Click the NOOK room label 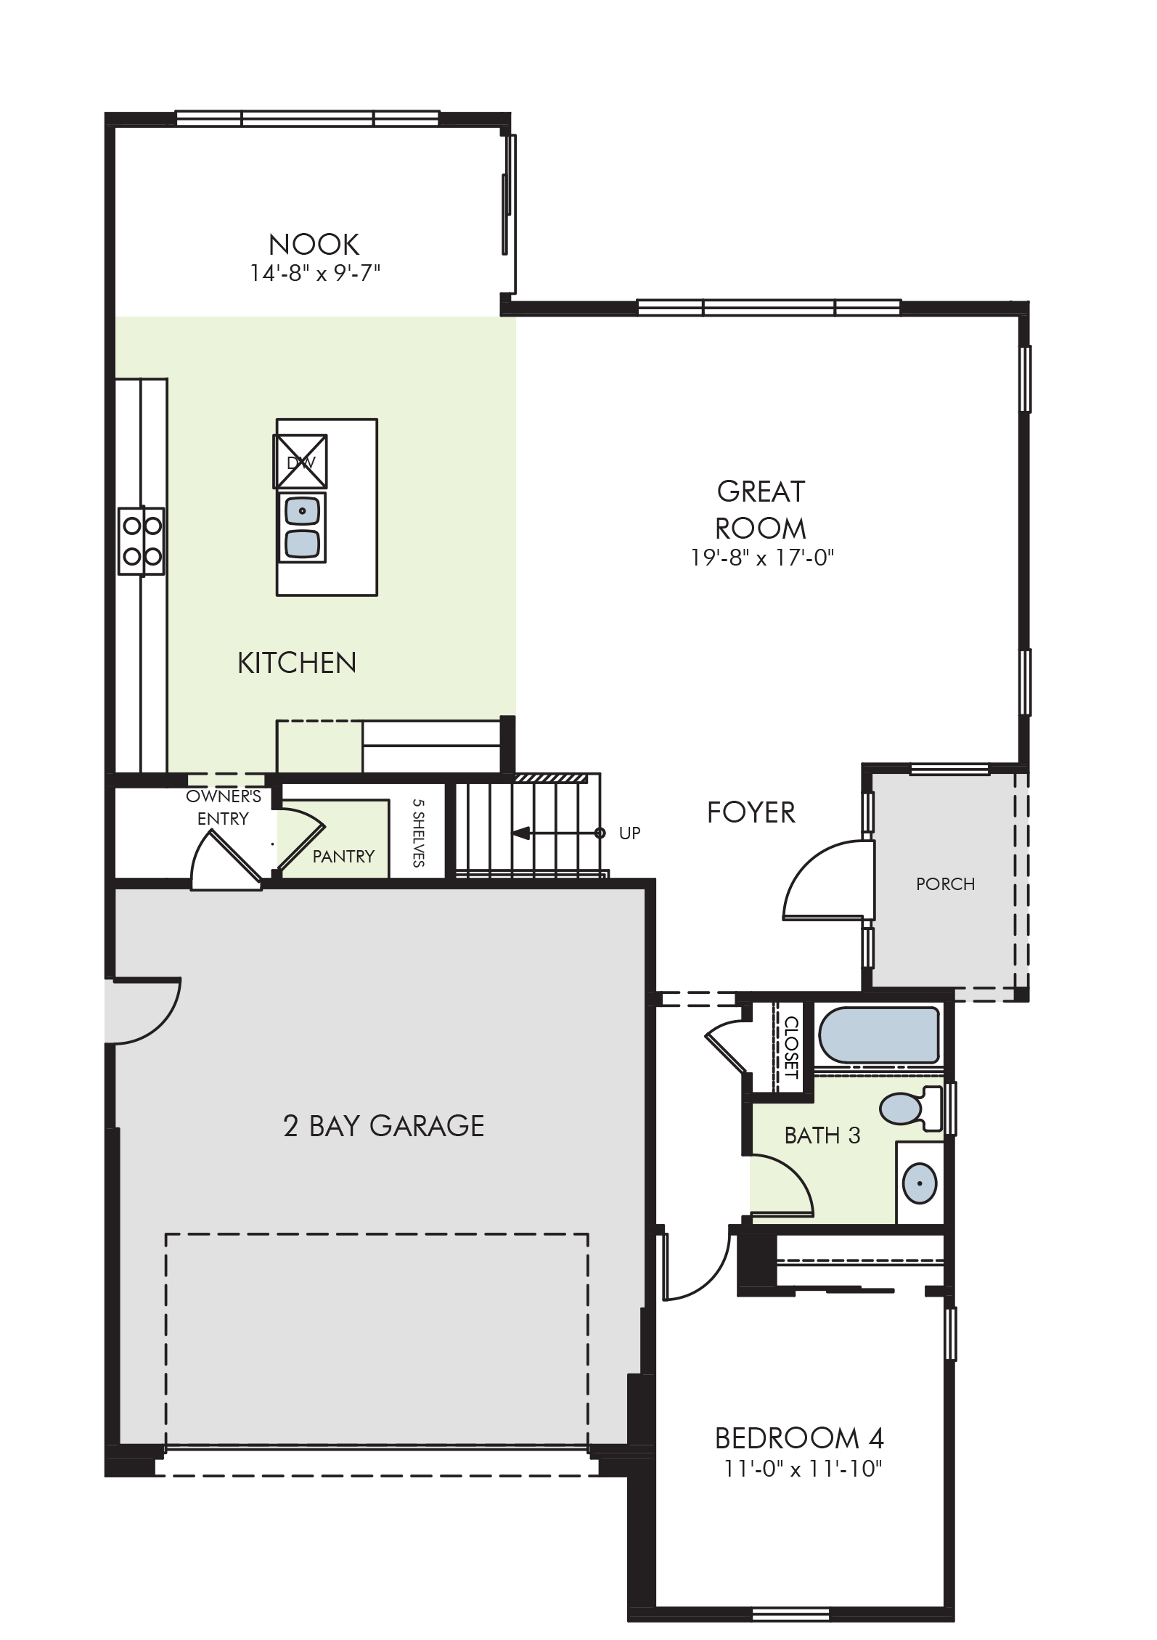(x=314, y=245)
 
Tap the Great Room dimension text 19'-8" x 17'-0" (x=761, y=558)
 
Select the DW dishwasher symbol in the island (x=300, y=462)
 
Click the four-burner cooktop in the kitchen (x=142, y=541)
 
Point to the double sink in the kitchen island (x=302, y=528)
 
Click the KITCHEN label (x=297, y=663)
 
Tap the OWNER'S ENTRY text (x=223, y=807)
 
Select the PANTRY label (x=343, y=857)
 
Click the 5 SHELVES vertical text (x=418, y=833)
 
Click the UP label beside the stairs (x=629, y=833)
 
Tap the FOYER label (x=751, y=812)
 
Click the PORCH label (x=945, y=884)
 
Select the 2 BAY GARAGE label (x=383, y=1126)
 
